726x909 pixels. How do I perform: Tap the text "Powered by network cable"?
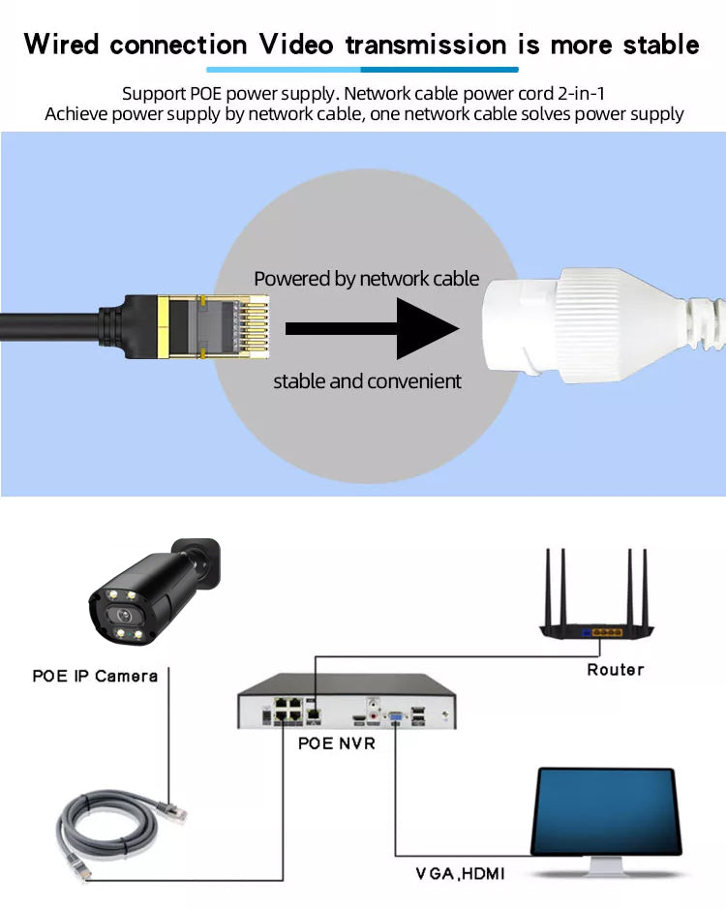pos(366,279)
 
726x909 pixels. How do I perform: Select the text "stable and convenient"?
pos(367,381)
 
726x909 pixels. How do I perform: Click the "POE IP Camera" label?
pos(95,676)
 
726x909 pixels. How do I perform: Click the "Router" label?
pos(615,669)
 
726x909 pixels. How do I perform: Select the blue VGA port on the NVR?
pos(396,717)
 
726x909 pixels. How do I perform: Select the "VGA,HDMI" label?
pos(460,874)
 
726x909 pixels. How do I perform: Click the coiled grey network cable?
pos(97,833)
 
